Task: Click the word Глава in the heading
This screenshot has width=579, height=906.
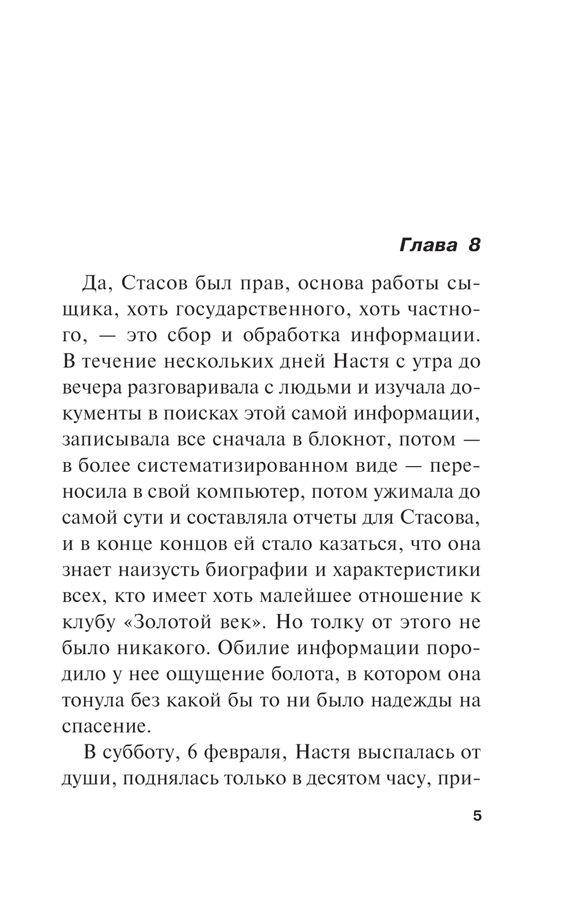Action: pos(428,245)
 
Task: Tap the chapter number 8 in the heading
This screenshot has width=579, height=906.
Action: pos(474,245)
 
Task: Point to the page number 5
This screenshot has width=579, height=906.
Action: pos(477,817)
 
